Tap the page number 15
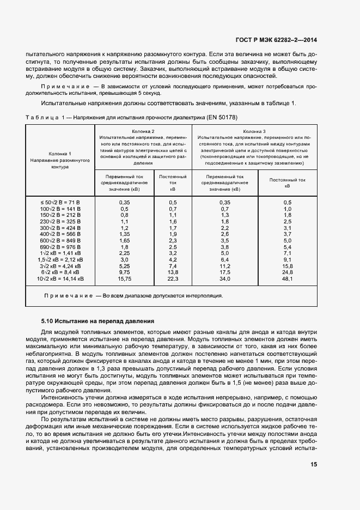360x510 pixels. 314,464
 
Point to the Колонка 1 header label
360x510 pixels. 60,154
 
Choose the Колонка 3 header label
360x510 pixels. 254,131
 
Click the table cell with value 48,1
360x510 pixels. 288,278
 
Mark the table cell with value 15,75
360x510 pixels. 124,278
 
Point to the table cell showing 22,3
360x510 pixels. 173,278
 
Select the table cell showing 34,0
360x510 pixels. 224,278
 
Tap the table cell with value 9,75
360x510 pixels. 124,272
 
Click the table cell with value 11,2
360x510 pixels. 224,265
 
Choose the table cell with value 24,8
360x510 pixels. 288,272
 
